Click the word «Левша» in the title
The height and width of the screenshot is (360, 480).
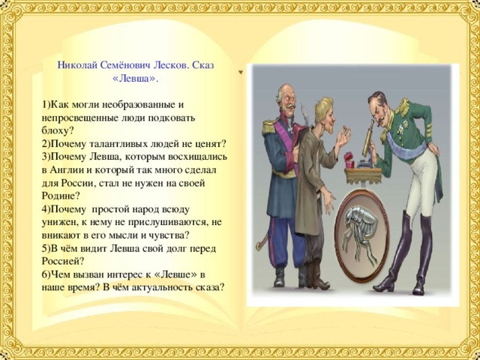click(136, 79)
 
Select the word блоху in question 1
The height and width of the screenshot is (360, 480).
click(58, 130)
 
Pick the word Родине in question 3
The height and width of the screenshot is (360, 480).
click(60, 196)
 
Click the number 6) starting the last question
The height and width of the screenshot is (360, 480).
click(46, 274)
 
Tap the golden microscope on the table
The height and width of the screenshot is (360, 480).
click(367, 138)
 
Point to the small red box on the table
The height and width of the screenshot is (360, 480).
click(349, 160)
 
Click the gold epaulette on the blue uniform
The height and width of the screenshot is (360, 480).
click(269, 127)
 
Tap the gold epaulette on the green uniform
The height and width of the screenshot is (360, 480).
click(404, 108)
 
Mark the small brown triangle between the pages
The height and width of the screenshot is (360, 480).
click(241, 72)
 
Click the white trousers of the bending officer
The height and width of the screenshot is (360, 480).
click(419, 184)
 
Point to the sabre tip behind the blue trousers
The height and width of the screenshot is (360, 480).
click(259, 247)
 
